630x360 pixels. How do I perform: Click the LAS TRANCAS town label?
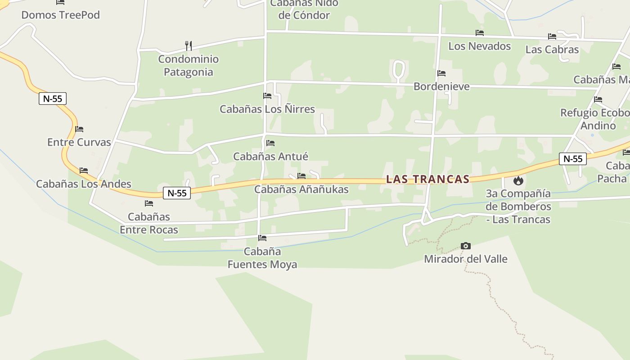(427, 179)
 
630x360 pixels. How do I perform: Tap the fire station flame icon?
(518, 181)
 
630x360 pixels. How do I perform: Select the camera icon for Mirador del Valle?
(466, 246)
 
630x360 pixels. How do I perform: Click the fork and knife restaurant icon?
(189, 45)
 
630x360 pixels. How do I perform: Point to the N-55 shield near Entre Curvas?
(53, 99)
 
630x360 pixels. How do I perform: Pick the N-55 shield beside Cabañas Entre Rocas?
(177, 193)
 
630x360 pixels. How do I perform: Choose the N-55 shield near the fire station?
(573, 158)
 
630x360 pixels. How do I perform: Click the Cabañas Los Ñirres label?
(267, 109)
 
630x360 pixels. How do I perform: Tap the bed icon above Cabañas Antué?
(270, 143)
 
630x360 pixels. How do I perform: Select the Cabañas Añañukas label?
(301, 189)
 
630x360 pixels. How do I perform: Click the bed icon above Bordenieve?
(441, 73)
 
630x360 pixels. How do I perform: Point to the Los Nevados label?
(480, 46)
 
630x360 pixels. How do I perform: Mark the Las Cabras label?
(552, 49)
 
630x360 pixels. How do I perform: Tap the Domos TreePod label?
(60, 15)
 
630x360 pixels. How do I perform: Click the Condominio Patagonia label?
(188, 66)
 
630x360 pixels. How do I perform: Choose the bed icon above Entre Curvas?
(79, 129)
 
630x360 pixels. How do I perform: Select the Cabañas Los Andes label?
(84, 184)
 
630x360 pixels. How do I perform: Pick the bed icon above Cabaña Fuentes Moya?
(262, 238)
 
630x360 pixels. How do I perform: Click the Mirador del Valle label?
(466, 259)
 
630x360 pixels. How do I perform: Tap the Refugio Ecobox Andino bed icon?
(598, 99)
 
